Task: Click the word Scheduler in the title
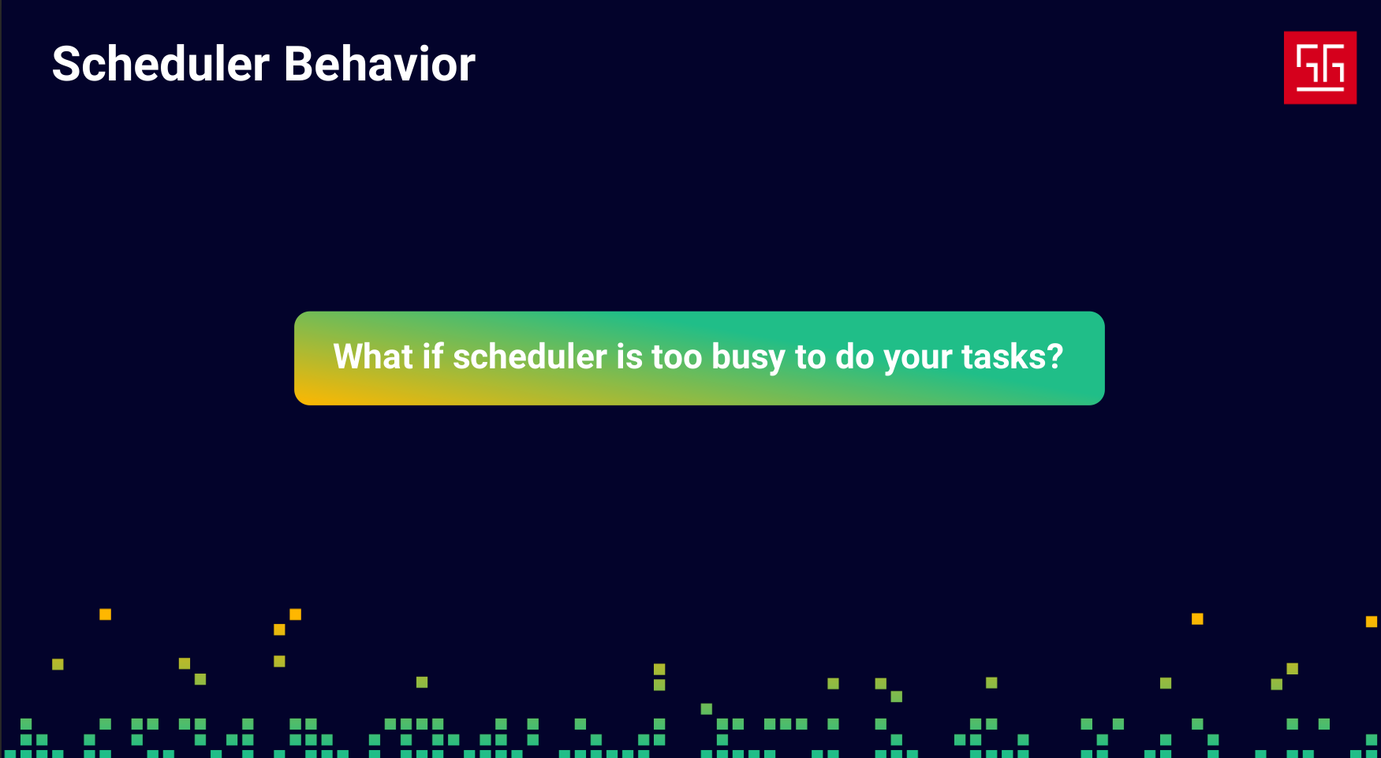pos(161,64)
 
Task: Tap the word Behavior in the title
pos(379,64)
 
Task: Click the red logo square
pos(1320,68)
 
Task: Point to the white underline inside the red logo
pos(1320,89)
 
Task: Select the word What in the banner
pos(373,357)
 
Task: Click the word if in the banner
pos(432,357)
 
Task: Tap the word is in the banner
pos(629,357)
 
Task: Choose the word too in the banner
pos(677,357)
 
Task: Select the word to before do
pos(810,357)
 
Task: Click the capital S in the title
pos(66,64)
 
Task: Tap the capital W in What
pos(352,357)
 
